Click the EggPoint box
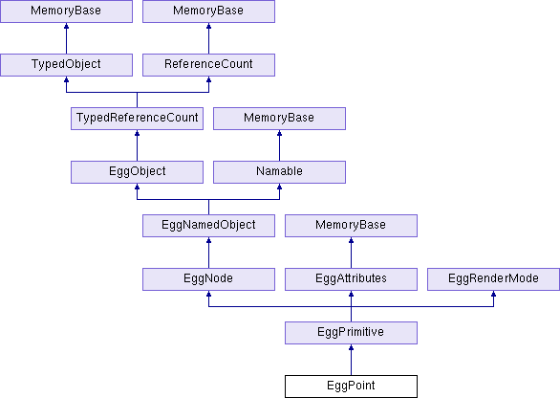pos(351,387)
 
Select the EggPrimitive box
pos(351,333)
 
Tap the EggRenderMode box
pos(493,279)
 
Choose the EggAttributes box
pos(351,279)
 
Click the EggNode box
pos(208,279)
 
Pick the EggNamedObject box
pos(208,225)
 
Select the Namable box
pos(279,172)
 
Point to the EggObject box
pos(138,172)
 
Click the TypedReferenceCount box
pos(138,119)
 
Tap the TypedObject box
pos(67,65)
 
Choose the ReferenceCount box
pos(208,65)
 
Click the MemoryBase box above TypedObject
pos(67,11)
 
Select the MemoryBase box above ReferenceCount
pos(208,11)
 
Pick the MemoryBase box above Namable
pos(279,119)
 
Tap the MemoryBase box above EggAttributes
pos(351,225)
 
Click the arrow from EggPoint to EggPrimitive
pos(351,360)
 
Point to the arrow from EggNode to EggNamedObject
pos(208,253)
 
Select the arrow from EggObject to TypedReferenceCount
pos(138,145)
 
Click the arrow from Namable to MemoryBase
pos(279,145)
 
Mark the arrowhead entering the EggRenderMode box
pos(493,294)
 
